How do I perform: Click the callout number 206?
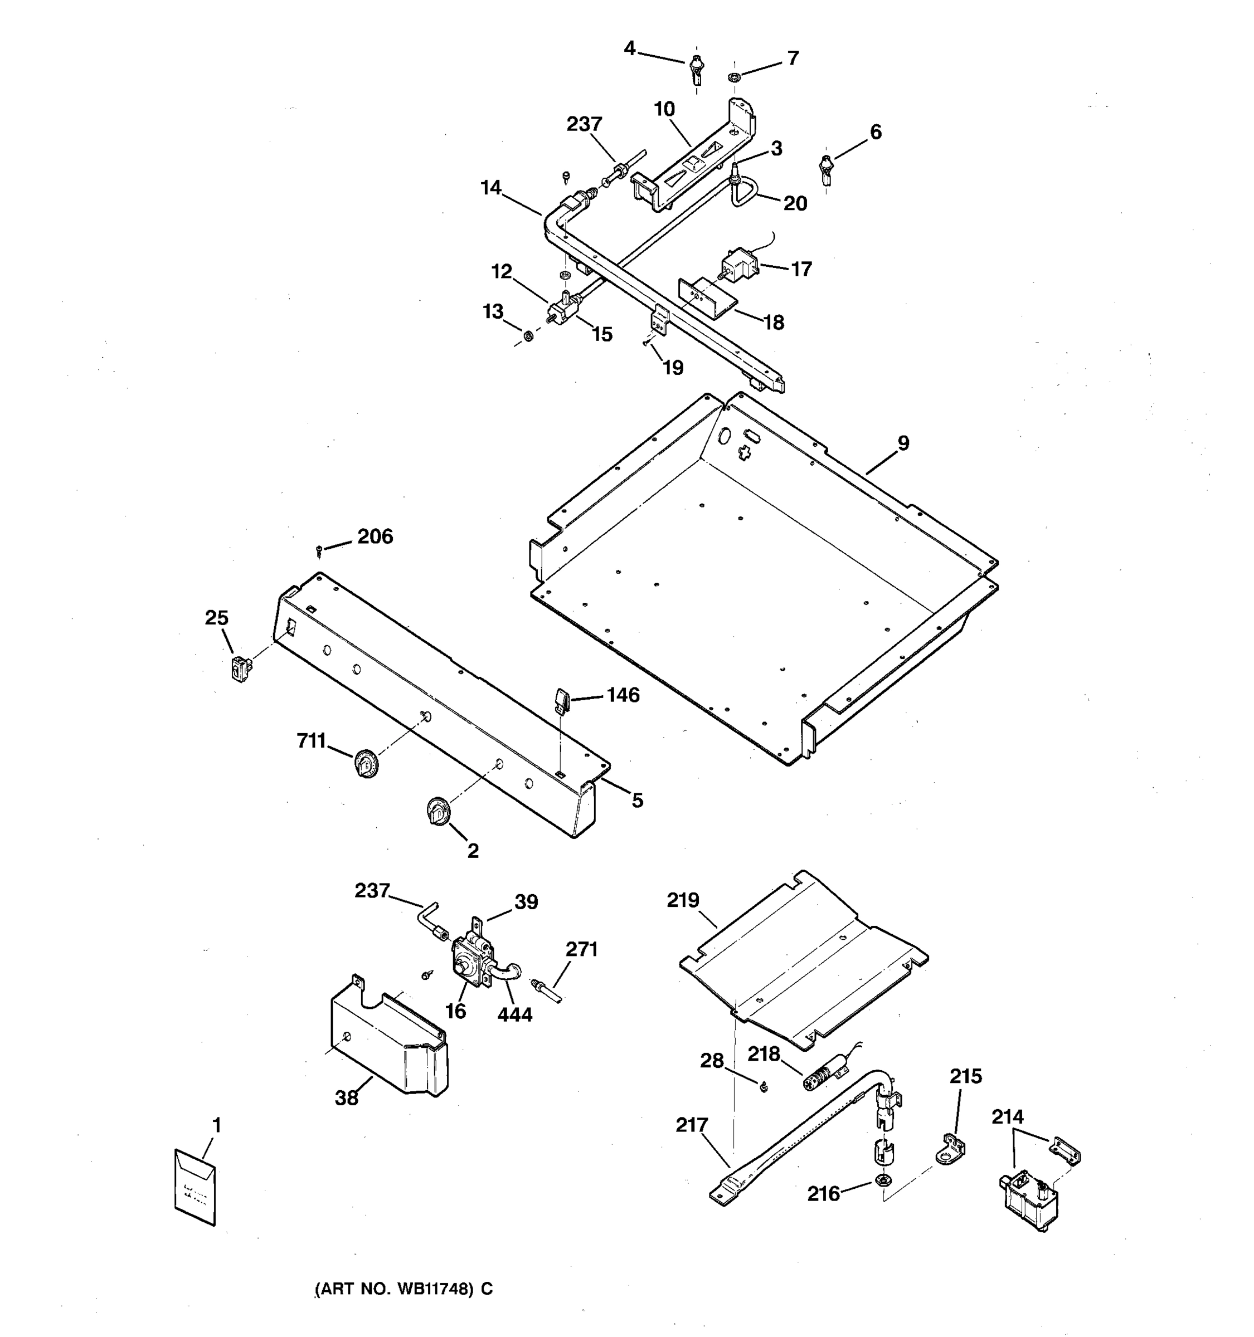[375, 536]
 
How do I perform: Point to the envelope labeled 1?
[195, 1188]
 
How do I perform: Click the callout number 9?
[903, 443]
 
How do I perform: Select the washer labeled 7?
[734, 77]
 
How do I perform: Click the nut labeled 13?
[529, 334]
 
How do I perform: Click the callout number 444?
[514, 1014]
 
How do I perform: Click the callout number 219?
[683, 900]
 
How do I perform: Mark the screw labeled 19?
[646, 344]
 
